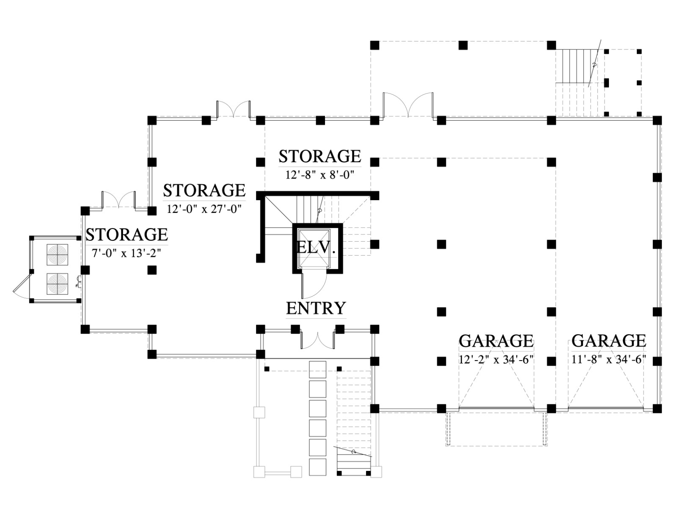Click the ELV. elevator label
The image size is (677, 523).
(316, 247)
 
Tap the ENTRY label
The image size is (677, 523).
(316, 308)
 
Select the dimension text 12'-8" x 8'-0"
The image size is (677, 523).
(319, 174)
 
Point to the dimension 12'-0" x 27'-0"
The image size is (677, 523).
(204, 209)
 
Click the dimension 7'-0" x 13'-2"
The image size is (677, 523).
(127, 253)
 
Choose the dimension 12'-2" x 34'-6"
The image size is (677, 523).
(496, 360)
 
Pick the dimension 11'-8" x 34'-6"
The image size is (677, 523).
(609, 360)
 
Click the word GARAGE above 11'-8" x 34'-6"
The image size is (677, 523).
(609, 341)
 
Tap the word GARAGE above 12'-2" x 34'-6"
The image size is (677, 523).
(496, 341)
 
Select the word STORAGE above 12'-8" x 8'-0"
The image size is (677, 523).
(319, 156)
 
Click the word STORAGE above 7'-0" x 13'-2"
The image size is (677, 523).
(127, 234)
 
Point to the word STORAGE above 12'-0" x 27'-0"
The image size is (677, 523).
(204, 190)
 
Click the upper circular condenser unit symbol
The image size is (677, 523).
(57, 255)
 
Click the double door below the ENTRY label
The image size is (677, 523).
(317, 339)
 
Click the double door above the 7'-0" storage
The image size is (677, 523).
(118, 200)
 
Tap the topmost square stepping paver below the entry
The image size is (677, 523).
(318, 369)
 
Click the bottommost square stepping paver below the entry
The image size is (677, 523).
(318, 467)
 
